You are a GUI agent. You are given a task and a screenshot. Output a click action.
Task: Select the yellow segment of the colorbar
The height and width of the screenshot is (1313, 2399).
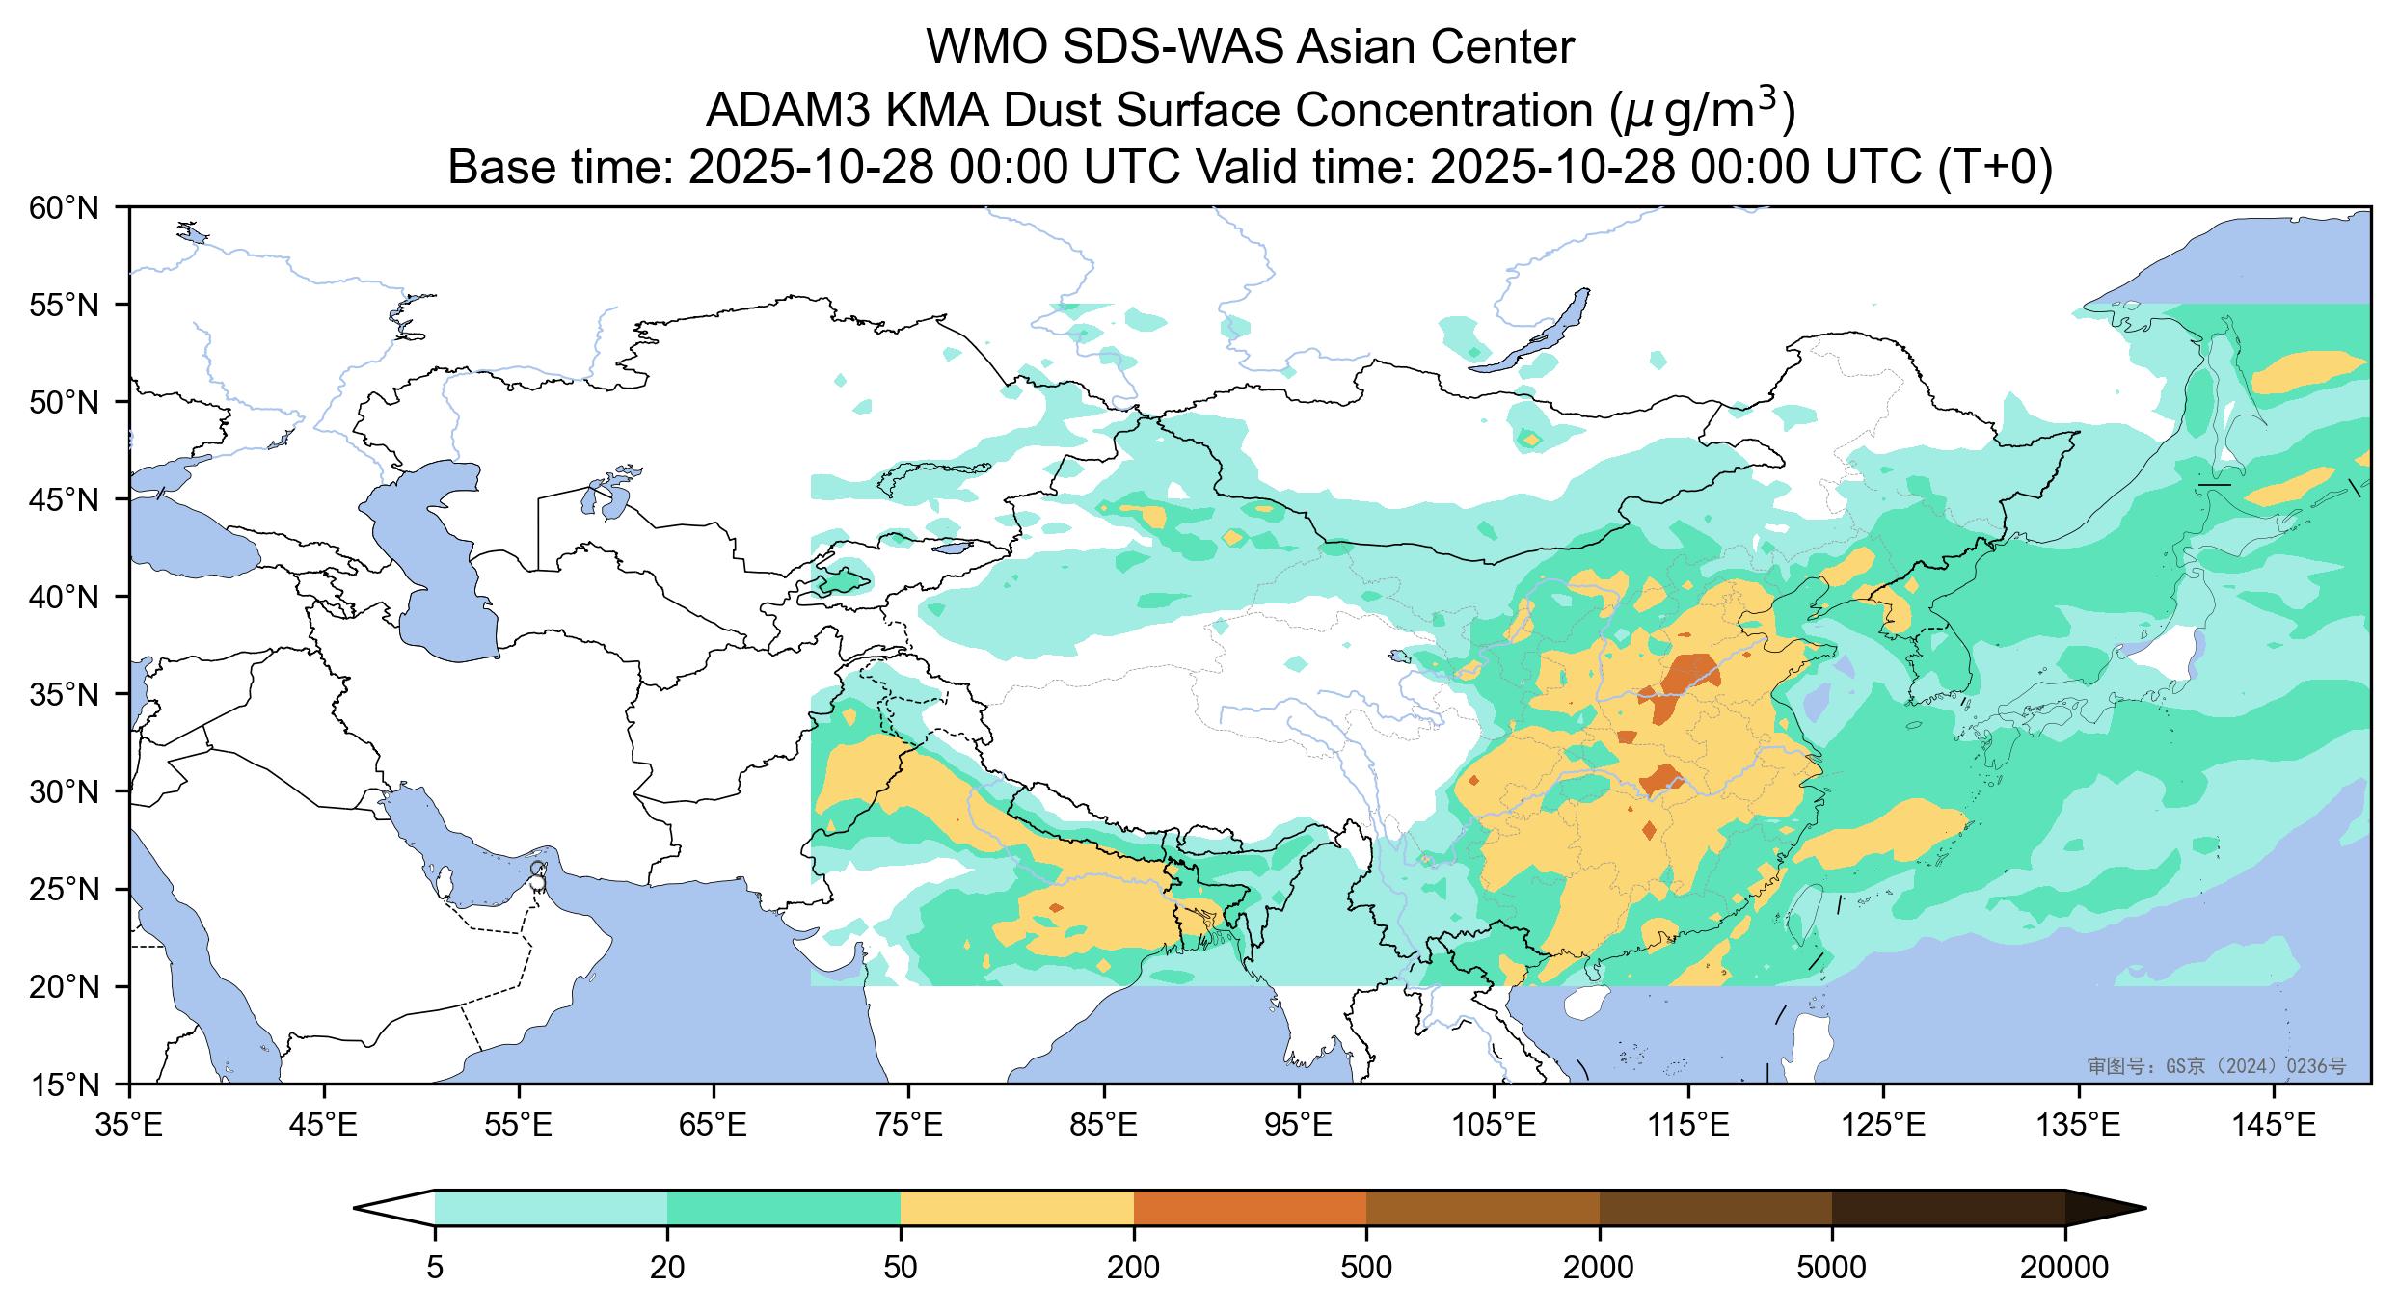click(x=1016, y=1208)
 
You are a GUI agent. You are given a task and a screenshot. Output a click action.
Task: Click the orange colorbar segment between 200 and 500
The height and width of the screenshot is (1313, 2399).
click(x=1250, y=1208)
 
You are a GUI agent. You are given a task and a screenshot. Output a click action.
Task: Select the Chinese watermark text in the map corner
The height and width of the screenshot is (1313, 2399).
click(x=2216, y=1066)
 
